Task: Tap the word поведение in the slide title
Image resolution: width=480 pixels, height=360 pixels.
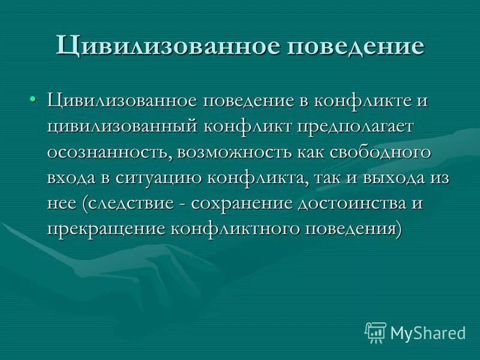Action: (x=358, y=47)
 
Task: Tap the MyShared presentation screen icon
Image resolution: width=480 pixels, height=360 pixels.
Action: (x=376, y=332)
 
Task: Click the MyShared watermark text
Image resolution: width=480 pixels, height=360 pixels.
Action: (x=428, y=332)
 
